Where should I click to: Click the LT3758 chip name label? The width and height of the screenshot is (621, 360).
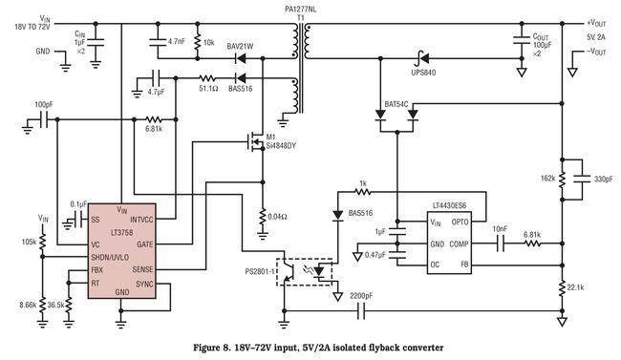click(122, 232)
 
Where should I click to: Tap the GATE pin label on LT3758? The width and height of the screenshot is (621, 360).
click(144, 244)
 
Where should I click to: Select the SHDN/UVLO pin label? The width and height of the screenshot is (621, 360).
click(110, 258)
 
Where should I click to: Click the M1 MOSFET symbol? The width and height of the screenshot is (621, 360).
click(255, 141)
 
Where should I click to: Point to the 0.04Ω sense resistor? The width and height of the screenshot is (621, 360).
click(262, 217)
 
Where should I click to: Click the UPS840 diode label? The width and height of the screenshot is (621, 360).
click(423, 73)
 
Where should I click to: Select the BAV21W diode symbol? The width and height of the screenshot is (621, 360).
click(241, 58)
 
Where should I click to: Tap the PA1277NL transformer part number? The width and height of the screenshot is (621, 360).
click(301, 10)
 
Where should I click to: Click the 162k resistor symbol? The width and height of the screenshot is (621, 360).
click(562, 180)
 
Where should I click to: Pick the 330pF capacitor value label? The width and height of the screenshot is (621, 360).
click(603, 179)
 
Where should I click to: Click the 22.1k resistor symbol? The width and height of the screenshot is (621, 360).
click(562, 288)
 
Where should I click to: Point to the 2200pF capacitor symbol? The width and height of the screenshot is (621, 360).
click(361, 311)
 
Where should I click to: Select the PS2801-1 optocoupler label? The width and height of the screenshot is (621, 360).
click(259, 272)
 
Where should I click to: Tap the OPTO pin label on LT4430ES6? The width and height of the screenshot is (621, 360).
click(460, 222)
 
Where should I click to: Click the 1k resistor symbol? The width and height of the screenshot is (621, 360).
click(363, 192)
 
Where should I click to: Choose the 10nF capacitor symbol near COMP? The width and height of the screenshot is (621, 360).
click(501, 244)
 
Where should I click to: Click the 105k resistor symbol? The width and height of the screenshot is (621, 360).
click(43, 241)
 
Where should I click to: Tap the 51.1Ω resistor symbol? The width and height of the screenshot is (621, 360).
click(207, 77)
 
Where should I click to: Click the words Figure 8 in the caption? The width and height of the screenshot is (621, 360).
click(210, 348)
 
